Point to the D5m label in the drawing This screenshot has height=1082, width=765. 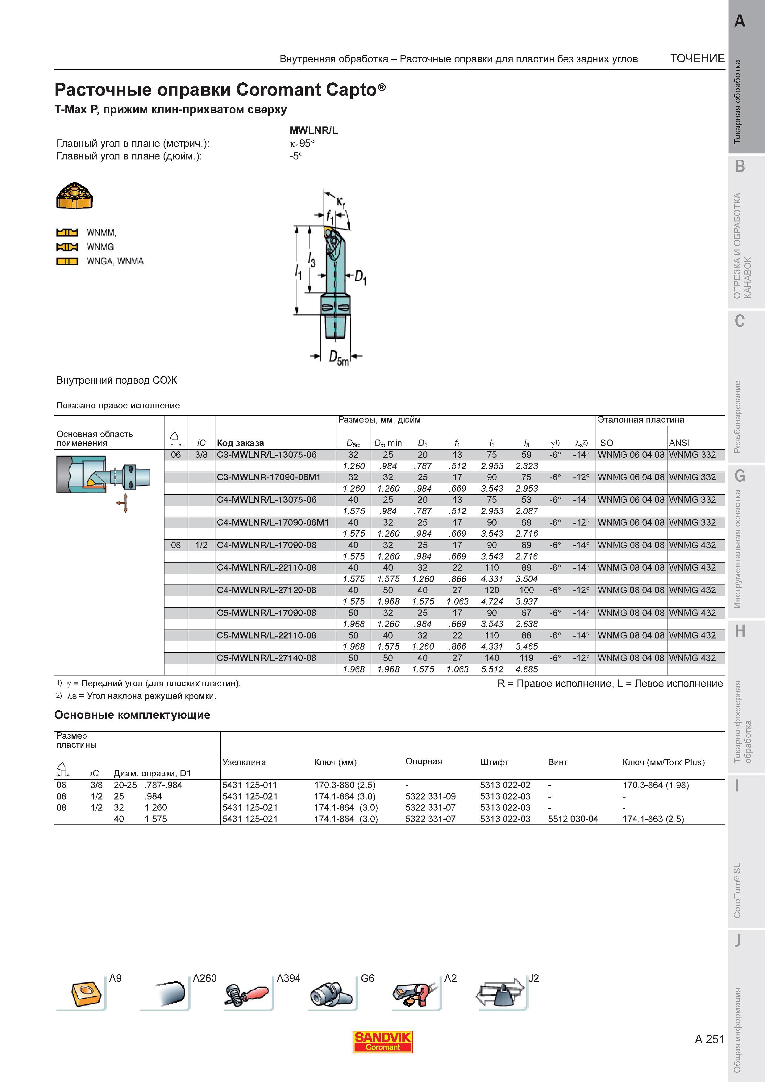(x=339, y=357)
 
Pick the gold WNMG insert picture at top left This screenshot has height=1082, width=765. (x=74, y=195)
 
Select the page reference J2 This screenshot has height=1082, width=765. (x=533, y=978)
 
